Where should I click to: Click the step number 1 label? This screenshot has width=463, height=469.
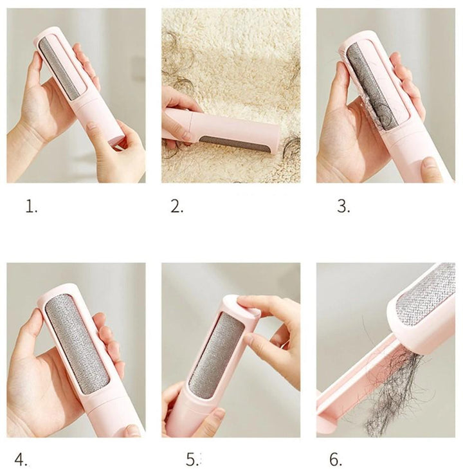[x=32, y=207]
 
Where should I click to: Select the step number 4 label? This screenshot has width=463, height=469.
[x=22, y=459]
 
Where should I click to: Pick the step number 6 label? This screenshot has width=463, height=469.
[x=336, y=459]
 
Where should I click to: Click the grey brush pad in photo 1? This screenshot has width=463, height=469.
[x=60, y=68]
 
